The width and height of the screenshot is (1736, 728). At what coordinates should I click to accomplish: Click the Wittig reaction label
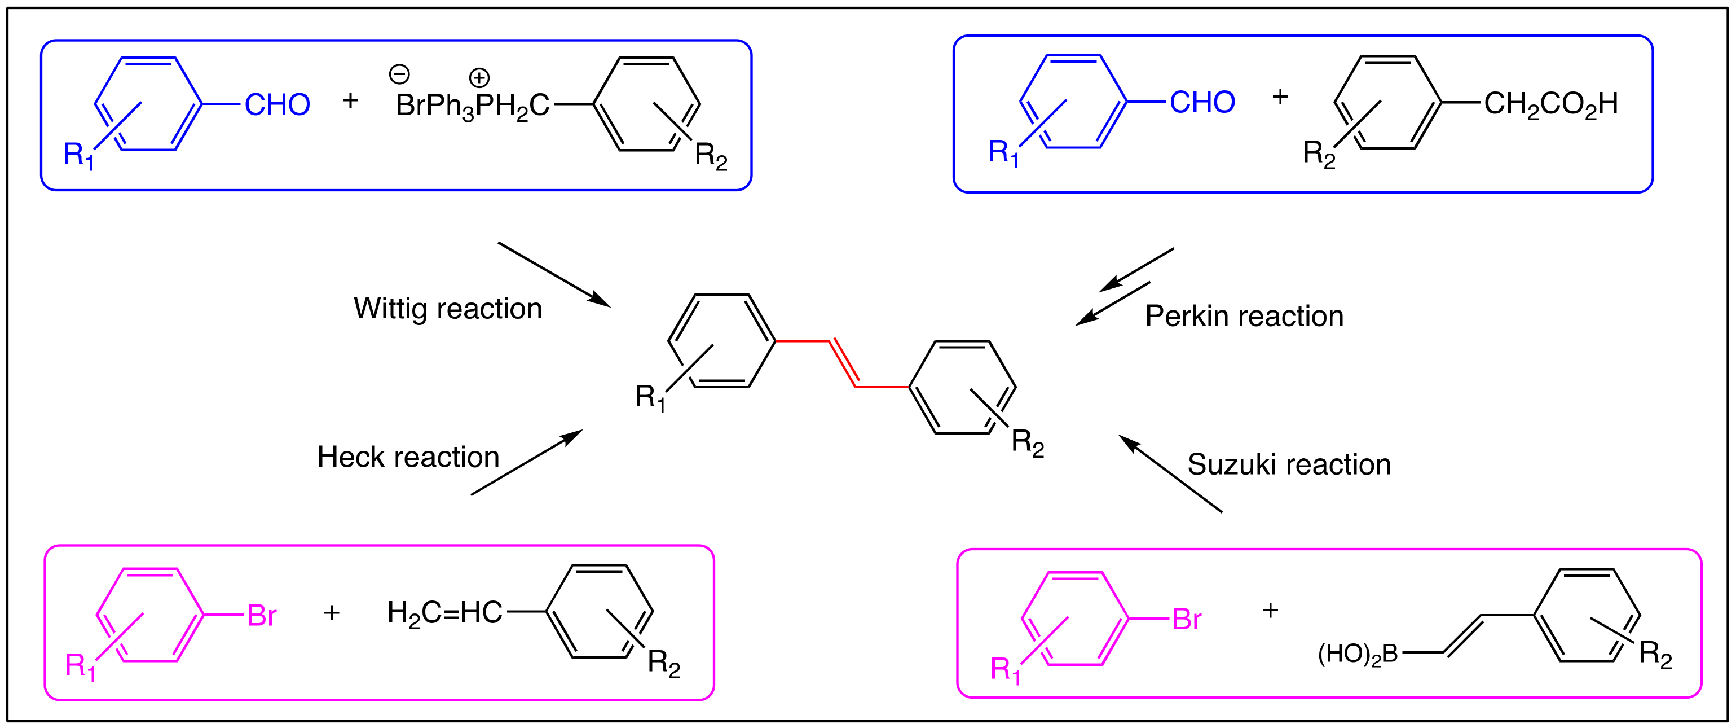coord(447,309)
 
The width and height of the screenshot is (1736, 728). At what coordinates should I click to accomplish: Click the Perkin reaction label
coord(1244,316)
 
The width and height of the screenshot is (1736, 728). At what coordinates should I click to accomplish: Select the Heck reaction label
coord(408,457)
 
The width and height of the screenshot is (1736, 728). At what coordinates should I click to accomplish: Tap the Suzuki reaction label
coord(1289,464)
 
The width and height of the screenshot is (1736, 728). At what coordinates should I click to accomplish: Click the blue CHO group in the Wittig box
coord(277,105)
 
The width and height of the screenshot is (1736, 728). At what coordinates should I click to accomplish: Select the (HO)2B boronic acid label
coord(1357,654)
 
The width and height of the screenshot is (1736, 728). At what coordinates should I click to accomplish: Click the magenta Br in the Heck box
coord(262,616)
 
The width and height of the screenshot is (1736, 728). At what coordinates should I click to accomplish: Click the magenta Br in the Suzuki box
coord(1187,620)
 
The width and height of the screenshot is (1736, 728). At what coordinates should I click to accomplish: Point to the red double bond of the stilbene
coord(843,364)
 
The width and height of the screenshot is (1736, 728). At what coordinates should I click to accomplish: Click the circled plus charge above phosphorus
coord(479,77)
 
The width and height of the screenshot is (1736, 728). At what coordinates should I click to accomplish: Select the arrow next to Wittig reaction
coord(553,274)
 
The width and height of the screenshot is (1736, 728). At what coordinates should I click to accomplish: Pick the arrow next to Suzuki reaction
coord(1170,473)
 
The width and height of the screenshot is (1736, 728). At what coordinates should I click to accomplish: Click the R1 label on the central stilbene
coord(650,398)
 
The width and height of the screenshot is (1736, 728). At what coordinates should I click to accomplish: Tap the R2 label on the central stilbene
coord(1027,443)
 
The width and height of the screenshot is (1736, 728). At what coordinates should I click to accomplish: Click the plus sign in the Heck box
coord(332,613)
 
